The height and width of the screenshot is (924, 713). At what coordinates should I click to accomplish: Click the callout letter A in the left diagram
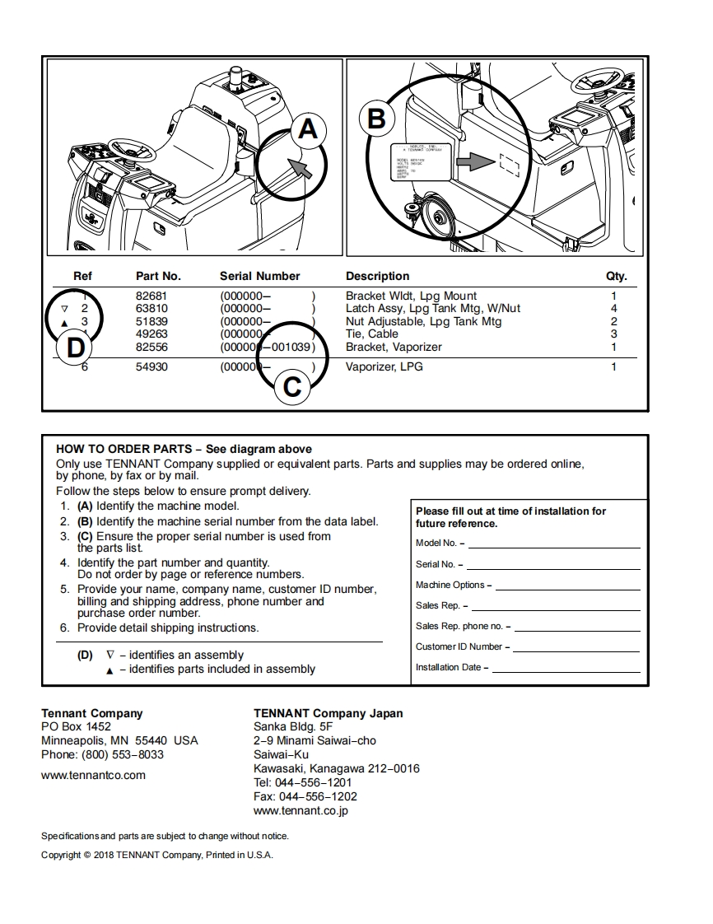[x=307, y=129]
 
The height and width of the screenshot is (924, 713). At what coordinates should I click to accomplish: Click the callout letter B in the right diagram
[x=375, y=119]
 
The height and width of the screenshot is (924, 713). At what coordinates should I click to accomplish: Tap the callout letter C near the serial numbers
[x=292, y=386]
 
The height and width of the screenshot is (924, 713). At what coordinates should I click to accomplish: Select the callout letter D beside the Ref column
[x=75, y=348]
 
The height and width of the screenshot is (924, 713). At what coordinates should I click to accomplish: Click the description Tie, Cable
[x=371, y=334]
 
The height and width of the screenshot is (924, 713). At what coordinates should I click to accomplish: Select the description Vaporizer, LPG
[x=384, y=366]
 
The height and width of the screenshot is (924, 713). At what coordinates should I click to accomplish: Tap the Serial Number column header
[x=259, y=276]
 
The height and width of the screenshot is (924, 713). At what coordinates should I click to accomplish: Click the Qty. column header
[x=616, y=276]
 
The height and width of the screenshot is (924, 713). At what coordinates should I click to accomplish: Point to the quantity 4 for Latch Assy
[x=613, y=308]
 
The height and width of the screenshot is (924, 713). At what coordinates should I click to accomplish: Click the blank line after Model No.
[x=554, y=545]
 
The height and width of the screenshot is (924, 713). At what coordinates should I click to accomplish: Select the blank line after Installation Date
[x=565, y=670]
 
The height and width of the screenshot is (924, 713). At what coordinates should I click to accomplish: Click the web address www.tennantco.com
[x=93, y=775]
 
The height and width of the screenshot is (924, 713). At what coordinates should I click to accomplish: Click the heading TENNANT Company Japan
[x=329, y=713]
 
